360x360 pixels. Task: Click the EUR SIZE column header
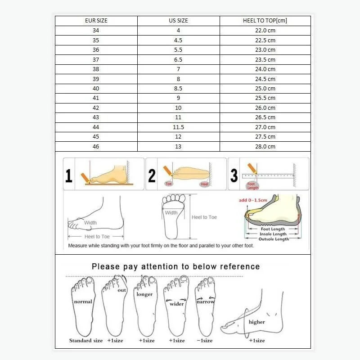[96, 21]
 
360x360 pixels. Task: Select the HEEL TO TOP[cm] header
[265, 21]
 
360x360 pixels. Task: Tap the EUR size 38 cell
[96, 69]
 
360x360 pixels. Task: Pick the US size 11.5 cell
[178, 127]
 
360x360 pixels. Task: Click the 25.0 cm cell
[265, 89]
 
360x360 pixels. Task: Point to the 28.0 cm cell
[265, 147]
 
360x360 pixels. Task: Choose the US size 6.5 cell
[178, 59]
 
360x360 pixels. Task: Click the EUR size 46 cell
[96, 147]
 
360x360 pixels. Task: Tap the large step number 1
[69, 175]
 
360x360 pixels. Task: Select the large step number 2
[152, 175]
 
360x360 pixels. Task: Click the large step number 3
[234, 175]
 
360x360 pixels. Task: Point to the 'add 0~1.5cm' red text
[252, 200]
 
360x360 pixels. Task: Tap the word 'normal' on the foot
[83, 301]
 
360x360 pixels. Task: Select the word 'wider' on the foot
[177, 304]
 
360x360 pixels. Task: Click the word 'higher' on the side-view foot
[256, 322]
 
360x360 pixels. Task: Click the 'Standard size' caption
[86, 341]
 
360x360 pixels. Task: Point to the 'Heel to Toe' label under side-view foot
[97, 237]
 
